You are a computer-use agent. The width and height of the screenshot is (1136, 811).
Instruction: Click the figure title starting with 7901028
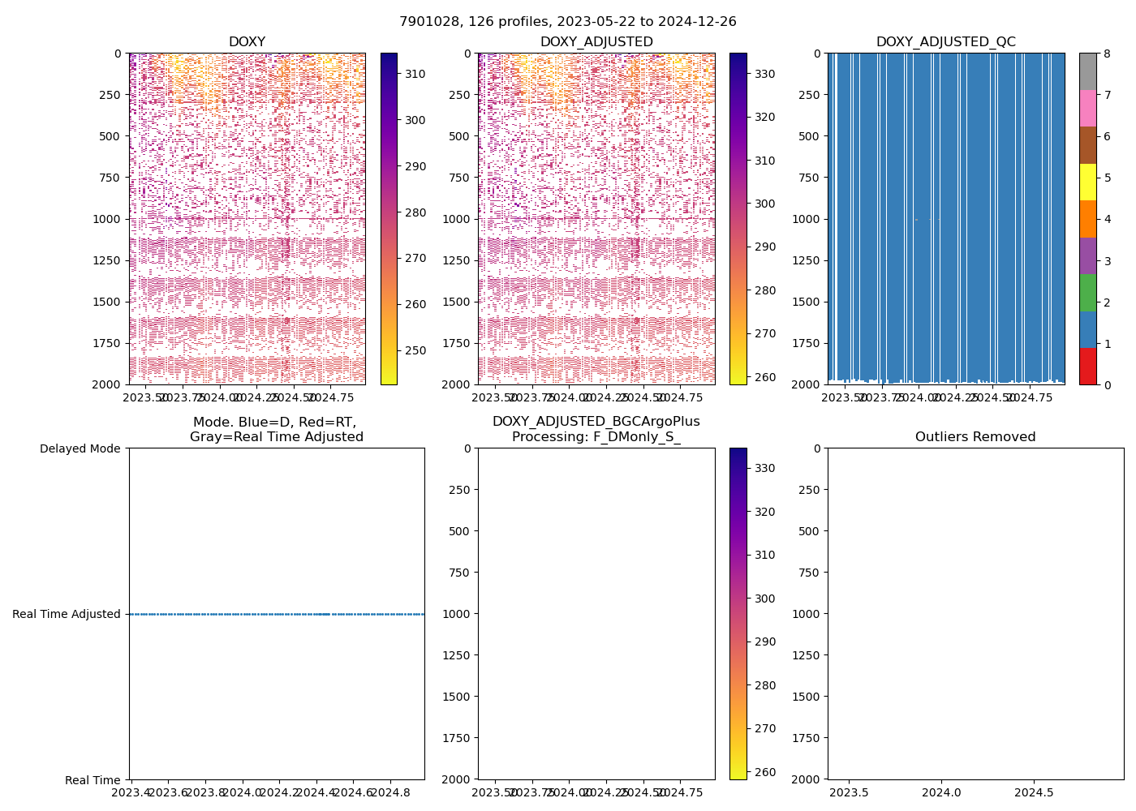coord(568,22)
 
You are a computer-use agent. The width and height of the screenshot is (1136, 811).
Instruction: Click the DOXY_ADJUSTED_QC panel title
coord(945,42)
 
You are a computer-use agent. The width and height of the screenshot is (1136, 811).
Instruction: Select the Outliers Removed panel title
coord(975,437)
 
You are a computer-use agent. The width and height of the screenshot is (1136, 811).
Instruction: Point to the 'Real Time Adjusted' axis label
coord(67,614)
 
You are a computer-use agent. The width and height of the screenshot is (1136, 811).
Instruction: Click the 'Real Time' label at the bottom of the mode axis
coord(93,780)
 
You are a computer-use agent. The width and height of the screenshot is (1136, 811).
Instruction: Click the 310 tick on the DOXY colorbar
coord(415,74)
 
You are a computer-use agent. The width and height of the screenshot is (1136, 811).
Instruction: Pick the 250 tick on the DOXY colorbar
coord(415,350)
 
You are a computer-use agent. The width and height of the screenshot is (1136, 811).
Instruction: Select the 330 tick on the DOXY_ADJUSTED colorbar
coord(764,74)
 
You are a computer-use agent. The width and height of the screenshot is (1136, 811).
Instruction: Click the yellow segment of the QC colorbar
coord(1088,182)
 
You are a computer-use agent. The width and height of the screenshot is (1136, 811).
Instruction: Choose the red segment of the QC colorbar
coord(1088,366)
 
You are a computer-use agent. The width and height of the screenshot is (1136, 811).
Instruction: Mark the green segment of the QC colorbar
coord(1088,292)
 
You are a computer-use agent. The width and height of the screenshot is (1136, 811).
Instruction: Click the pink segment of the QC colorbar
coord(1088,108)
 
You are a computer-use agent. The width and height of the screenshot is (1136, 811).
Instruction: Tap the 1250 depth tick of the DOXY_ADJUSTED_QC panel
coord(808,260)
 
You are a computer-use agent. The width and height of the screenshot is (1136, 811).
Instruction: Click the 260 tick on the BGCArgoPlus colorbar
coord(764,772)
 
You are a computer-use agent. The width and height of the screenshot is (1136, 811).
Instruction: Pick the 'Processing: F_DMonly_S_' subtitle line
coord(596,437)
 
